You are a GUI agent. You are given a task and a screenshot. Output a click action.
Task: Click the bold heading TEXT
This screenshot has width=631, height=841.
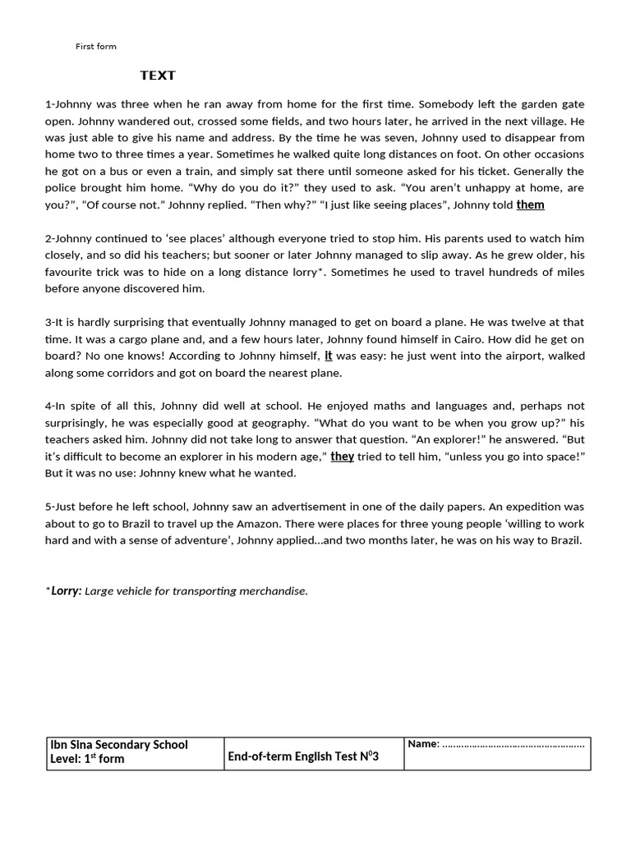tap(157, 76)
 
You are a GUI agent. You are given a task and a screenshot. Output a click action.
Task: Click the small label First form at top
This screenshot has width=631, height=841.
tap(96, 47)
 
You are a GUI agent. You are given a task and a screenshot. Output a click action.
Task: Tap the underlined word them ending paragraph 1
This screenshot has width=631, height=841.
tap(530, 205)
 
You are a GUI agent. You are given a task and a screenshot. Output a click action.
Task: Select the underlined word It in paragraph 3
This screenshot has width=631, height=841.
tap(329, 356)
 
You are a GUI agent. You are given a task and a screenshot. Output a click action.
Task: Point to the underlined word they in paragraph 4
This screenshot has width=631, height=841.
tap(342, 456)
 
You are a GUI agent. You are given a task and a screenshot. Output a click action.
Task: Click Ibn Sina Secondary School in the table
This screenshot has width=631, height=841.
tap(119, 745)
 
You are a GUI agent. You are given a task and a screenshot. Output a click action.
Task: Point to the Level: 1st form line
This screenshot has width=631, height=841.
tap(87, 759)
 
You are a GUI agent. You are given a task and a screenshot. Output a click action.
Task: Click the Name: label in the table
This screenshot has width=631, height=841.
tap(423, 744)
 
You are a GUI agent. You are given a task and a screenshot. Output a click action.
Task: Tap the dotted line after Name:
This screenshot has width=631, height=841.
tap(514, 745)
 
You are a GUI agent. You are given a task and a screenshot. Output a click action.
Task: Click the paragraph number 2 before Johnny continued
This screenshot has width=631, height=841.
tap(48, 238)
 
